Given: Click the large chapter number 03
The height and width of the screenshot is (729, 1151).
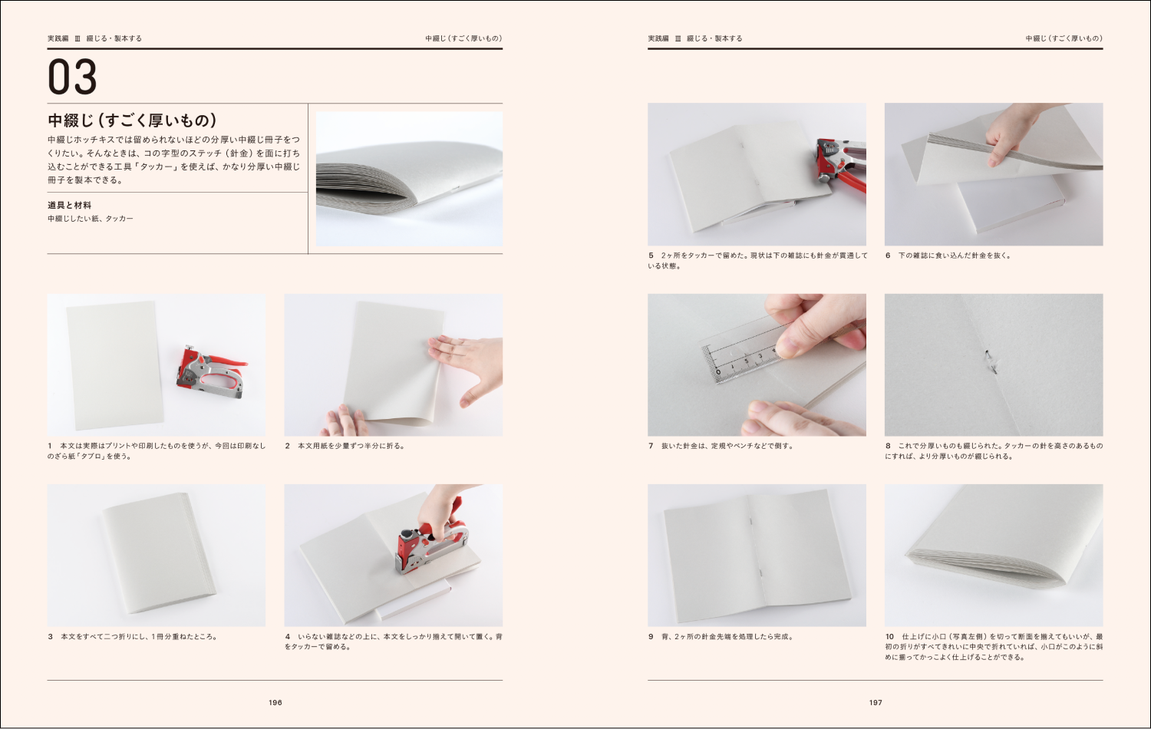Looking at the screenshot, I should tap(73, 77).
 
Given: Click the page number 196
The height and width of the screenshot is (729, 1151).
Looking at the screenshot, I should tap(275, 702).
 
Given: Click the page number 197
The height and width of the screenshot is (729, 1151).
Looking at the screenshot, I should tap(876, 702).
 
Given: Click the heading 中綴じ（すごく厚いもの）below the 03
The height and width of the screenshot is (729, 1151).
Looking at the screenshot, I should tap(132, 120).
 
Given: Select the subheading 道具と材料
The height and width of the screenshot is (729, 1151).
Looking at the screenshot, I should tap(69, 205).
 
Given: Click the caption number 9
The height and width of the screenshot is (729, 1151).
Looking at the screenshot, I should tap(651, 636).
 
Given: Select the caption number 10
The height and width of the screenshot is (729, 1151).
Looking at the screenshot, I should tap(889, 636).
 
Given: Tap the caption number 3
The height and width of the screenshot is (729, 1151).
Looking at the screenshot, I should tap(51, 636).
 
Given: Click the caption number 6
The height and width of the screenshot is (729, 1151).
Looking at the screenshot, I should tap(888, 256).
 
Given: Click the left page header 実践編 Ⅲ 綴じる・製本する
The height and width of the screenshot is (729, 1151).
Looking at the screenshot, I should tap(94, 38).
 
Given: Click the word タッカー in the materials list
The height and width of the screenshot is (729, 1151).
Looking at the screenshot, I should tap(120, 219).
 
